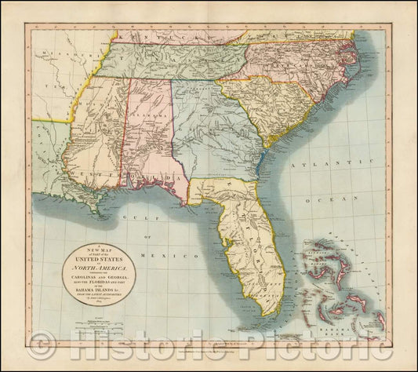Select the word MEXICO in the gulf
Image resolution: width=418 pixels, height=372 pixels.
[184, 257]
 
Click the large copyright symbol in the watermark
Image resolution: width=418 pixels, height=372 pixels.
[48, 345]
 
